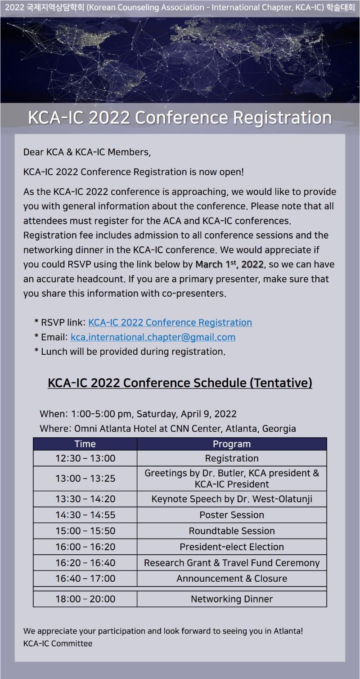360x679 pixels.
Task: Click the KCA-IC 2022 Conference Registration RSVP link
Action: point(170,322)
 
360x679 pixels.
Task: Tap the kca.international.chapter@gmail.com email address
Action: point(153,337)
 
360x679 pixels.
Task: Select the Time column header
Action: point(85,444)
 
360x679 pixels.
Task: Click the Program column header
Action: point(232,444)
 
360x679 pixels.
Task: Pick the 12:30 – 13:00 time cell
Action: point(85,458)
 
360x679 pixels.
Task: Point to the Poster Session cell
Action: point(232,515)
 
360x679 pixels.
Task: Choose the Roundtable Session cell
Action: point(232,531)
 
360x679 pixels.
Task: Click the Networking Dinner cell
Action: point(232,599)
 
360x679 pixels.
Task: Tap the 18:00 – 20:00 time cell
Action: point(85,599)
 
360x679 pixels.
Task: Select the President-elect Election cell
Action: point(232,547)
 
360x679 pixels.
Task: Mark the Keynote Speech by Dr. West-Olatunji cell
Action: point(232,499)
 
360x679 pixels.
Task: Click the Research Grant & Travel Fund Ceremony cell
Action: point(232,563)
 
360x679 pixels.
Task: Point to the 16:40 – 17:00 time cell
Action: point(85,578)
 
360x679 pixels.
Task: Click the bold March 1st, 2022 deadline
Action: point(229,264)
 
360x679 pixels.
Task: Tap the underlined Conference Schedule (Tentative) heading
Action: point(180,383)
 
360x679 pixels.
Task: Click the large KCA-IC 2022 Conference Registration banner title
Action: point(180,118)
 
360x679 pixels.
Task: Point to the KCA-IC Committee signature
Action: point(58,643)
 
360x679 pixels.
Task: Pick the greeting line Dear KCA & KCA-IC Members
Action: point(87,152)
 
